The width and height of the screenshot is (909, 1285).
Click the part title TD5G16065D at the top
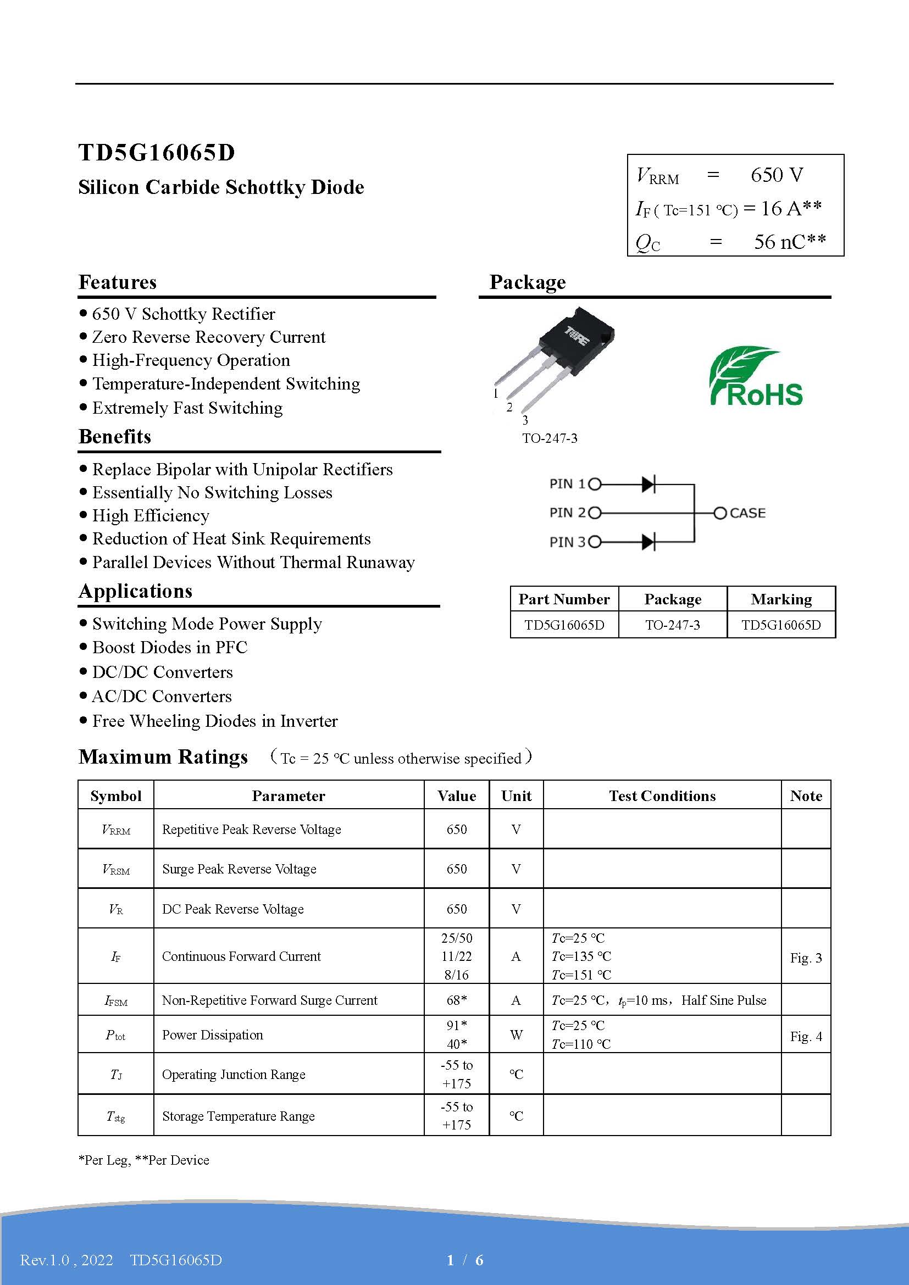pyautogui.click(x=157, y=153)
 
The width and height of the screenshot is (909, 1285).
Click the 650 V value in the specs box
pyautogui.click(x=777, y=175)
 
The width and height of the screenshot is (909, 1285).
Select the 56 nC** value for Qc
pyautogui.click(x=789, y=242)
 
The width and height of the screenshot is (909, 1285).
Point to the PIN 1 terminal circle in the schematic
pyautogui.click(x=595, y=484)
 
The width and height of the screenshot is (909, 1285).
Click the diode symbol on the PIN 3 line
pyautogui.click(x=648, y=542)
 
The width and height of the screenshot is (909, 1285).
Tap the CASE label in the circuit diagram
pyautogui.click(x=747, y=513)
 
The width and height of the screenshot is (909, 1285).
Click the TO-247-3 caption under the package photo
pyautogui.click(x=550, y=438)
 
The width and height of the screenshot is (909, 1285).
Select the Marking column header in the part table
pyautogui.click(x=781, y=599)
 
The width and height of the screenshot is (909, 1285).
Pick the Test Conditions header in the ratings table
pyautogui.click(x=662, y=796)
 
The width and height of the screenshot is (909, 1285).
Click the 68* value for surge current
pyautogui.click(x=456, y=1000)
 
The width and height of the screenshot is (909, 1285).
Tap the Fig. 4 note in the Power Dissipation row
pyautogui.click(x=806, y=1037)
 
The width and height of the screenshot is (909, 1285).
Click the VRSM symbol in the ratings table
pyautogui.click(x=116, y=869)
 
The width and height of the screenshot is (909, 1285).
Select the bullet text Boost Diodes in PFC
pyautogui.click(x=170, y=648)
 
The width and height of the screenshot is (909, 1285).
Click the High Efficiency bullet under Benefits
pyautogui.click(x=151, y=515)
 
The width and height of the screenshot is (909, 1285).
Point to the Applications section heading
pyautogui.click(x=135, y=591)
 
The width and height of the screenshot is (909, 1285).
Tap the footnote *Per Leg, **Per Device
pyautogui.click(x=144, y=1160)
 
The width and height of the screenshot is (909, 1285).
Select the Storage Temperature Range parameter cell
pyautogui.click(x=239, y=1116)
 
